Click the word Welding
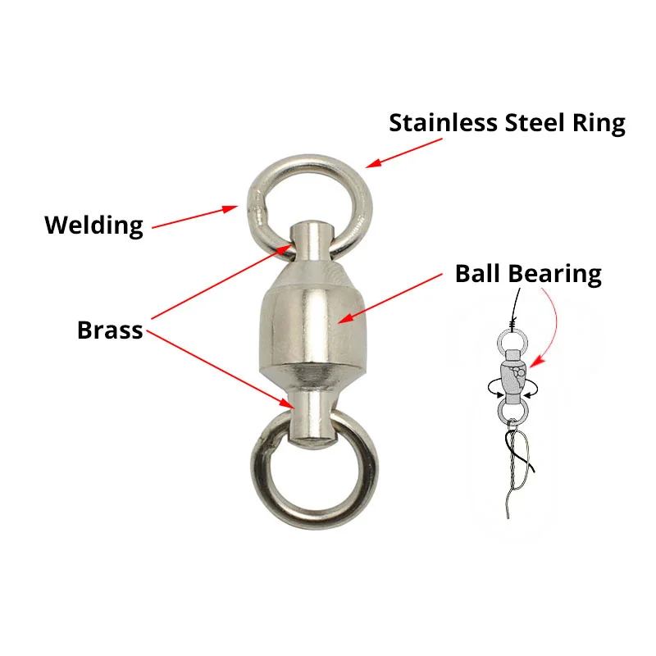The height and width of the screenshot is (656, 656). point(93,225)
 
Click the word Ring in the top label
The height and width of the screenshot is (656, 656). point(602,123)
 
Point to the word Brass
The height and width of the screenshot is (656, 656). point(110,330)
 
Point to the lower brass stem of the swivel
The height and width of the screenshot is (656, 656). point(312,415)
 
